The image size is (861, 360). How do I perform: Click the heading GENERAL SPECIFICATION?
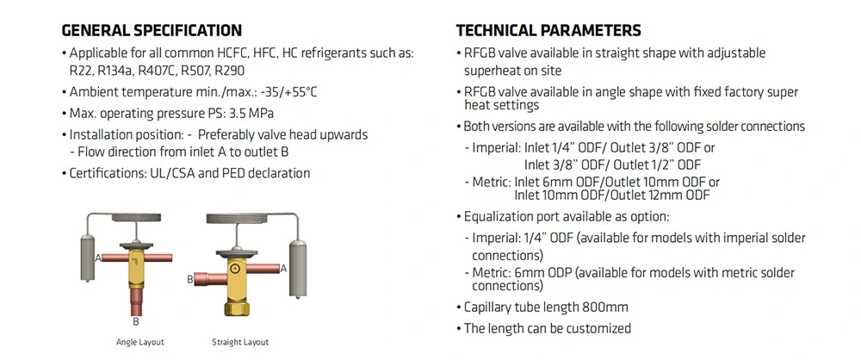[152, 29]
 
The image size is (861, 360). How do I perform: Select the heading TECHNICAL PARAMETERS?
[548, 29]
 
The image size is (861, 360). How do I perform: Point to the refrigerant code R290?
[230, 71]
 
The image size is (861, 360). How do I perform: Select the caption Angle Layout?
[140, 343]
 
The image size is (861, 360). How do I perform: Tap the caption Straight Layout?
[240, 343]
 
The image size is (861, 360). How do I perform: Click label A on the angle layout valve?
[98, 258]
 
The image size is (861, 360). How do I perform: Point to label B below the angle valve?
[136, 321]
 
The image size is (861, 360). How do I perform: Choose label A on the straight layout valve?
[283, 269]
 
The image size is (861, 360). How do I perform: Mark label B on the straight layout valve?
[190, 279]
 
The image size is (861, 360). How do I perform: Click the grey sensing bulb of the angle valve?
[88, 258]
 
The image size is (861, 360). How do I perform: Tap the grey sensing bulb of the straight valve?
[298, 269]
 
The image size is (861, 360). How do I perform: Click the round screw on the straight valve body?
[236, 269]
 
